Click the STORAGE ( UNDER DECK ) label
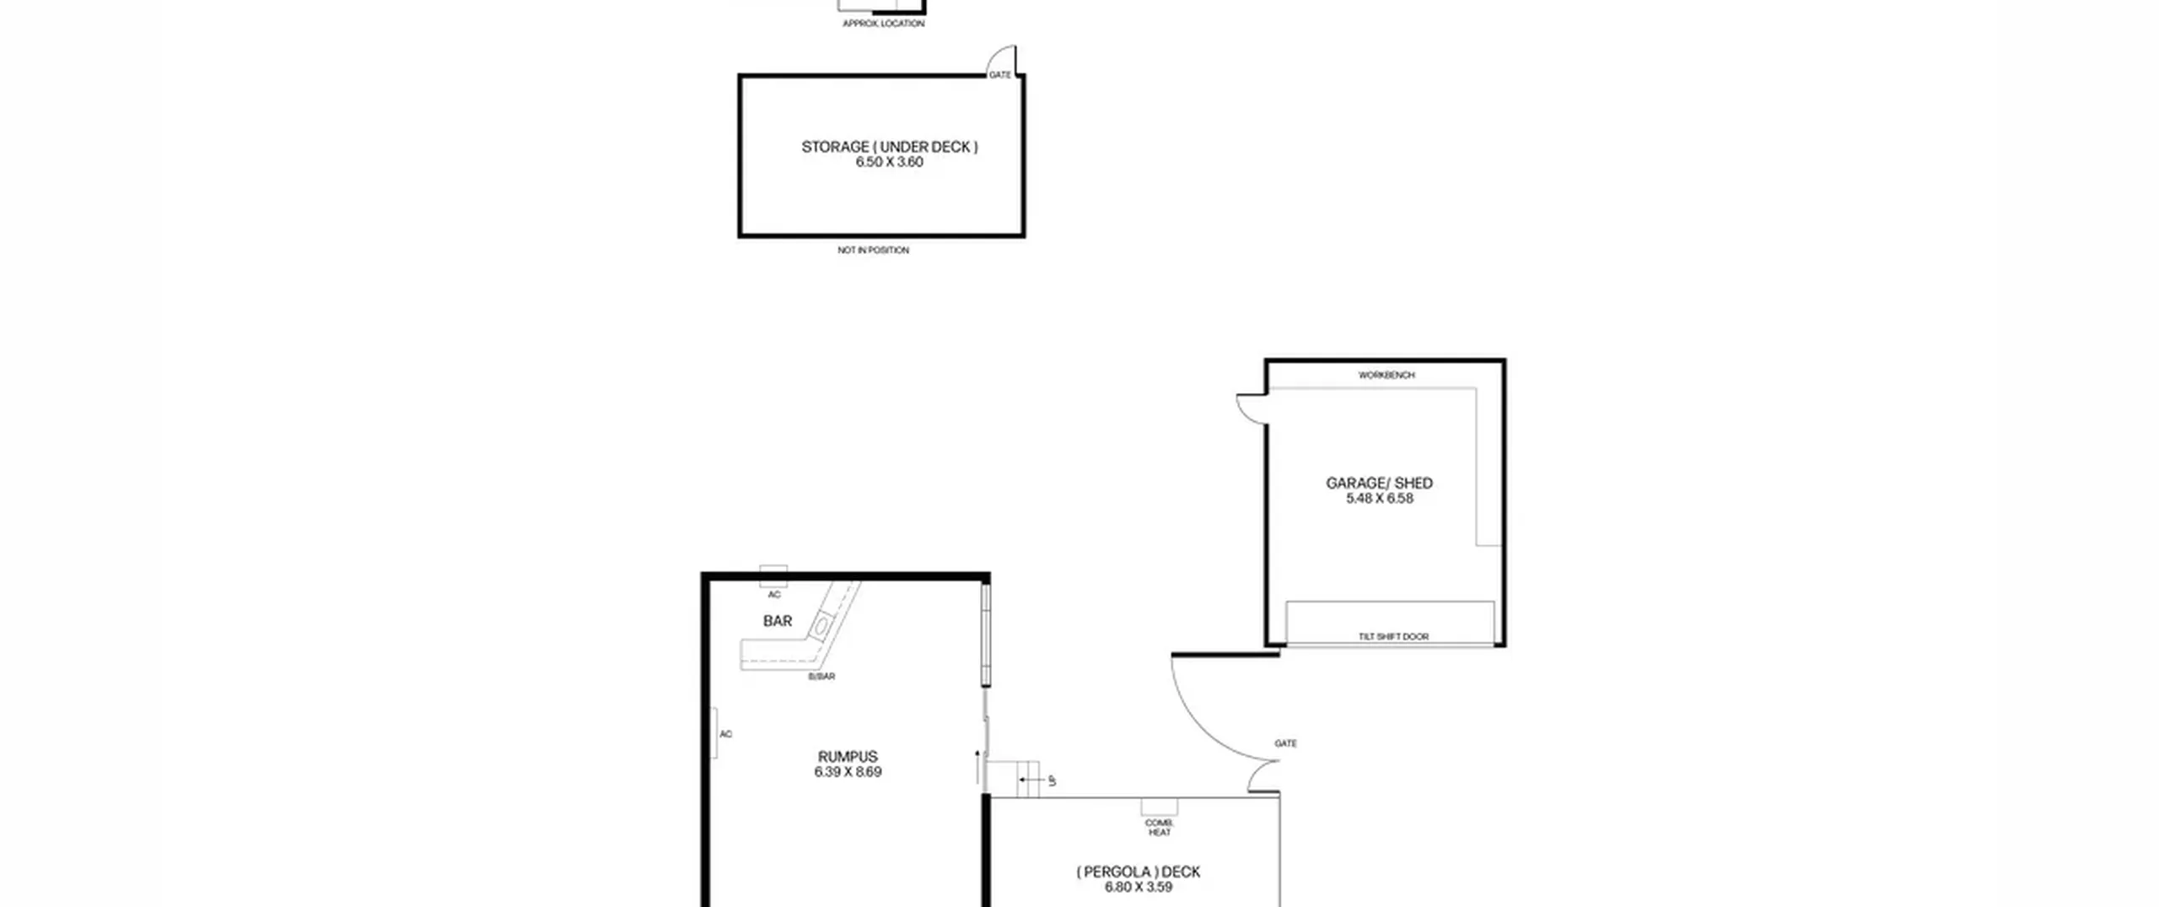point(890,147)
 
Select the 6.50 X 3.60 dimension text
point(890,162)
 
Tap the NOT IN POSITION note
point(874,251)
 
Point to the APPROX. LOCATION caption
point(884,24)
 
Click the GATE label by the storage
point(1000,75)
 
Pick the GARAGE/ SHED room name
point(1380,483)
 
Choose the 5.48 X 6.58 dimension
point(1380,499)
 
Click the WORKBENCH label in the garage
point(1386,375)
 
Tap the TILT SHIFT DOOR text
point(1394,637)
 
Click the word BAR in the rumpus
point(778,621)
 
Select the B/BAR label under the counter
point(822,677)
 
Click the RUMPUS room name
point(848,757)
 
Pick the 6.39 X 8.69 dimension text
point(848,772)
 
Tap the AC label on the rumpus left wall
point(726,735)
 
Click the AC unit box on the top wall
point(773,576)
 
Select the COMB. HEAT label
point(1160,828)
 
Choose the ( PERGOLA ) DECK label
point(1139,872)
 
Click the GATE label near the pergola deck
point(1286,744)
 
